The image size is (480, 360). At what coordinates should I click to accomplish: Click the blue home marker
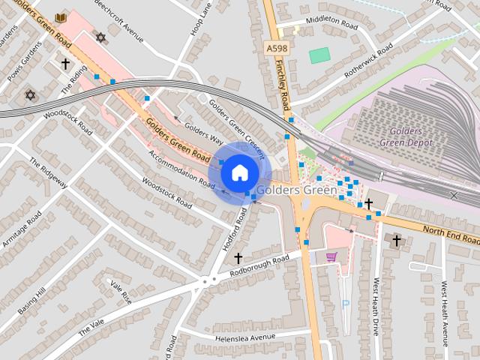coord(238,172)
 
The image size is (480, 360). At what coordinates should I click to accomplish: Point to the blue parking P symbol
coord(346,304)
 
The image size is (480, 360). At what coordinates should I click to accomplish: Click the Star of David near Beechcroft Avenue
coord(100,37)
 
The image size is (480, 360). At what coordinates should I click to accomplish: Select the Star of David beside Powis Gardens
coord(30,95)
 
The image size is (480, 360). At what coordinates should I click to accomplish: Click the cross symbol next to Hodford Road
coord(238,258)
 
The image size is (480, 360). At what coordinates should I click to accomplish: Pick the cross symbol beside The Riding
coord(65,64)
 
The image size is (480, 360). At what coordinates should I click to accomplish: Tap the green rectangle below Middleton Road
coord(319,55)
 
